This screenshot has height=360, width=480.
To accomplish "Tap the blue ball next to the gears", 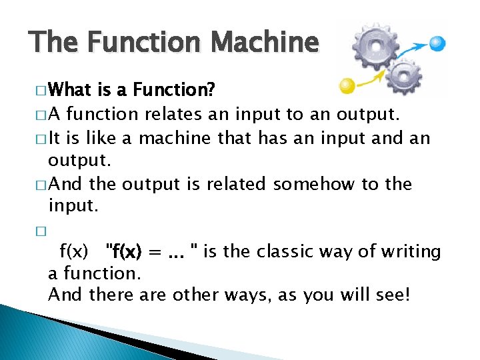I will (x=437, y=43).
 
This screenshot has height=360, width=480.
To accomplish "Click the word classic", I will (x=290, y=251).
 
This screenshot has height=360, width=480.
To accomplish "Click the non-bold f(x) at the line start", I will (x=74, y=252).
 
